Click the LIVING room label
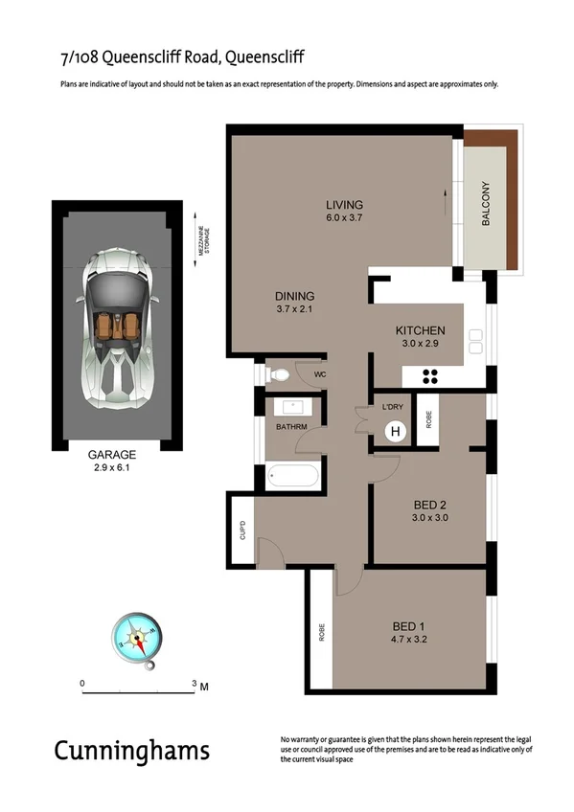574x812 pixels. point(344,205)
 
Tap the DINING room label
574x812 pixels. point(295,296)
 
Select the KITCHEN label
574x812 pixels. point(420,331)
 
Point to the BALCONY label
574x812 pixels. point(486,204)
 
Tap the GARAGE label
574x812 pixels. point(112,455)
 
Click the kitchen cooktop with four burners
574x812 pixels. point(430,376)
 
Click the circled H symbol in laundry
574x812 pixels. point(394,432)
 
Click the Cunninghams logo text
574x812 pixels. point(131,750)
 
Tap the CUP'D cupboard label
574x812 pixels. point(243,529)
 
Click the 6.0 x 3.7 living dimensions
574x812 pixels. point(344,219)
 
